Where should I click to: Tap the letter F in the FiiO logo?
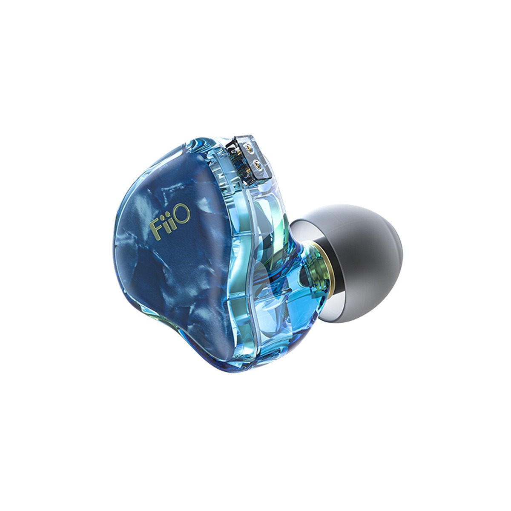(155, 225)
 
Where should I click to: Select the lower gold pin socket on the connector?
(257, 166)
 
